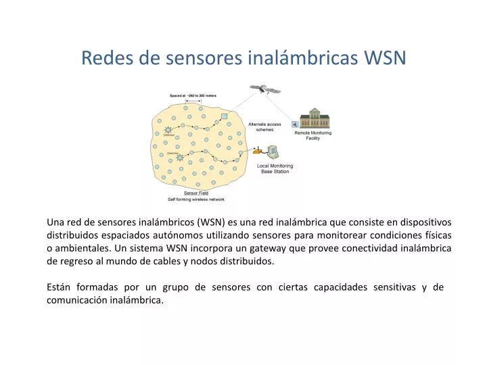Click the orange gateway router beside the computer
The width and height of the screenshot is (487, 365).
coord(256,151)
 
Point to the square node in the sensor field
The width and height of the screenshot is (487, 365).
coord(224,116)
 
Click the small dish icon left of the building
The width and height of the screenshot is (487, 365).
coord(295,124)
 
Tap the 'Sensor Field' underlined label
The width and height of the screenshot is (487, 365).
coord(196,193)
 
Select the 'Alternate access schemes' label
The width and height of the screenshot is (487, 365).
coord(264,127)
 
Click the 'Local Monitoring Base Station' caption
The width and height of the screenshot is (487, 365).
coord(275,168)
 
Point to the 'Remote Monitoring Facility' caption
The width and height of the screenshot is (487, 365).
coord(313,135)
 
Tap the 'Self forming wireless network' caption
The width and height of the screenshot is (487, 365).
coord(196,199)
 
